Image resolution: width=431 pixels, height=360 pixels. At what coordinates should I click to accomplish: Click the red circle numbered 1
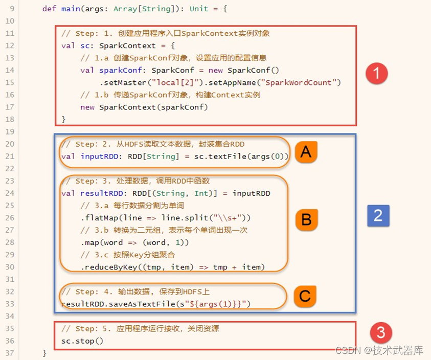click(x=377, y=74)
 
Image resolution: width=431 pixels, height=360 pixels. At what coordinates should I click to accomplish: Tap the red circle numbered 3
click(x=380, y=333)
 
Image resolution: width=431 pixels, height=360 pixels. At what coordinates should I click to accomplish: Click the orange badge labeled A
click(x=306, y=151)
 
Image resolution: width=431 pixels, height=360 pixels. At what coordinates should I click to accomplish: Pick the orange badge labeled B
click(x=306, y=219)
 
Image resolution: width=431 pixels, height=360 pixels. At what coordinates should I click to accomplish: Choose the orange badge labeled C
click(x=305, y=296)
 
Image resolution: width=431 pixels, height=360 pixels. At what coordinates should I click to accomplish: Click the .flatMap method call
click(x=97, y=218)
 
